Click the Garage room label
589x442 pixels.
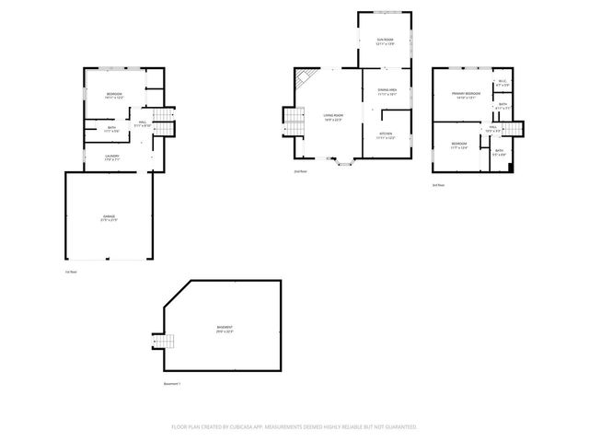tap(110, 219)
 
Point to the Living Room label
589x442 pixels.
tap(332, 116)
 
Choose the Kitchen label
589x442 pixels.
tap(386, 135)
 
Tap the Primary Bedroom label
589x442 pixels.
tap(466, 95)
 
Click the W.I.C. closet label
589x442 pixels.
tap(502, 84)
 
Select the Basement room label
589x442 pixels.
tap(225, 330)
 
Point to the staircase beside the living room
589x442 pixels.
tap(294, 121)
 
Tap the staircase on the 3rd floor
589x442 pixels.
tap(516, 133)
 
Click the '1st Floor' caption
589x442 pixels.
tap(71, 272)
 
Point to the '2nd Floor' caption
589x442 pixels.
tap(300, 171)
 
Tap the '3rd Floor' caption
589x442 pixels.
tap(438, 185)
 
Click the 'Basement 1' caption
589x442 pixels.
tap(172, 383)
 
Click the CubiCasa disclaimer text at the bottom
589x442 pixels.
tap(294, 426)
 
